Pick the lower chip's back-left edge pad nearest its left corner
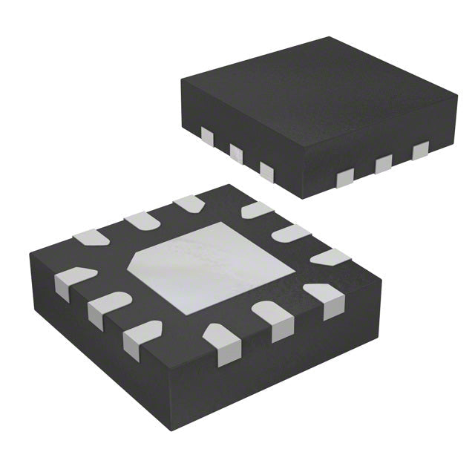[91, 237]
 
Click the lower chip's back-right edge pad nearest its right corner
[330, 258]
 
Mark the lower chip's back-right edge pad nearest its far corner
[256, 211]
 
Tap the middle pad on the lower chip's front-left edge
[107, 308]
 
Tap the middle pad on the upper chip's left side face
[237, 154]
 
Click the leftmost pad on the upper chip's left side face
[208, 136]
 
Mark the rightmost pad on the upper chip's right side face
[420, 151]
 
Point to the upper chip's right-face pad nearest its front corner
[345, 177]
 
